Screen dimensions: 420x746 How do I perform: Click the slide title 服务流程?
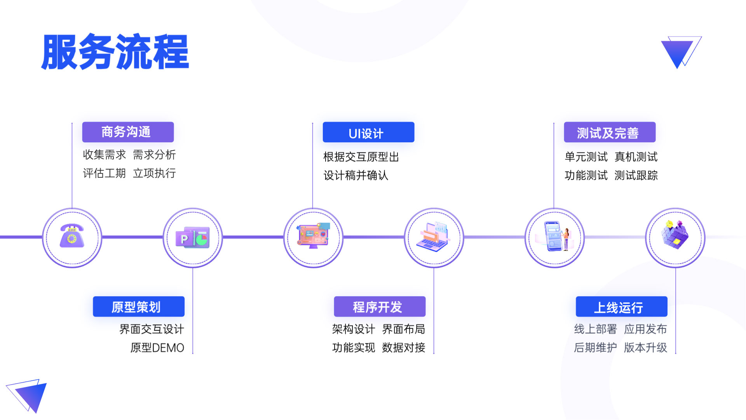point(115,52)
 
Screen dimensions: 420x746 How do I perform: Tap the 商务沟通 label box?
point(128,132)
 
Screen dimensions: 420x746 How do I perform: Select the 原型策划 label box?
point(138,306)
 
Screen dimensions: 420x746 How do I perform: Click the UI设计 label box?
point(368,132)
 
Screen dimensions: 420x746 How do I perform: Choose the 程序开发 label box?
point(379,306)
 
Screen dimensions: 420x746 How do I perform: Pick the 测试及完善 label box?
point(609,132)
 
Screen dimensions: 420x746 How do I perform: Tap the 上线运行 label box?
point(621,306)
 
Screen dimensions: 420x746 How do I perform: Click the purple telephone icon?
point(72,236)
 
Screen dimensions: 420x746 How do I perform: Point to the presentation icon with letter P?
point(192,237)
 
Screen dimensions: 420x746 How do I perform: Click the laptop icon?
point(434,236)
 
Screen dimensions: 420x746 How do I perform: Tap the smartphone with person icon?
point(555,236)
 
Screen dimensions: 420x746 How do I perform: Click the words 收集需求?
point(104,155)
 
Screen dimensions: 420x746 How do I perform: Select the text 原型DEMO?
point(157,348)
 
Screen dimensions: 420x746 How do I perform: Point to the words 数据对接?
point(403,348)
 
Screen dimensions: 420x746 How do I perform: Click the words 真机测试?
point(636,157)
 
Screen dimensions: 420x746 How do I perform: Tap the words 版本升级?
point(645,348)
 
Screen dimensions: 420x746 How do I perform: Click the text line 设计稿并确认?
point(356,175)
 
